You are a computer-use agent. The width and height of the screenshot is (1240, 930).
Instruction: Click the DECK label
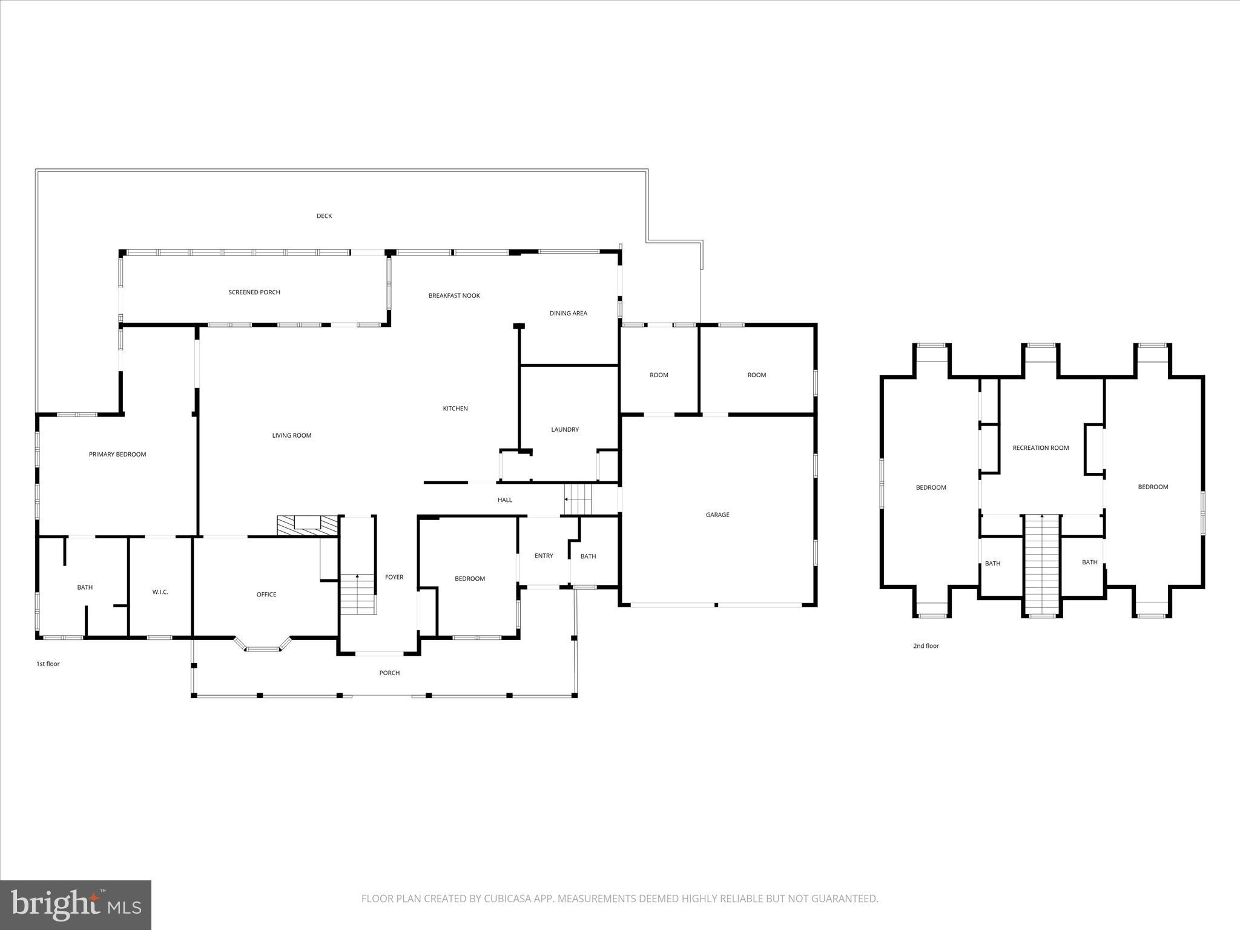(x=324, y=216)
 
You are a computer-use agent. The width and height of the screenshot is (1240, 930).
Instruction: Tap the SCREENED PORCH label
(x=254, y=292)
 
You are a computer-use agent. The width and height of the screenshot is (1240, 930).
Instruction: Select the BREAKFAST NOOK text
(x=454, y=296)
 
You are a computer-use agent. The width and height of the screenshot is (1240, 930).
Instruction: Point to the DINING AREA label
(x=568, y=314)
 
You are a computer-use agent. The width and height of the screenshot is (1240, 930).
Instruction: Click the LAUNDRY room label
(x=564, y=430)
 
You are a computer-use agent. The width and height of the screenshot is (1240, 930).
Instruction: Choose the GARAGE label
(x=717, y=515)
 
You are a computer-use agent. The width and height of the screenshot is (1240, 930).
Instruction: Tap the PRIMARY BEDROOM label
(x=117, y=455)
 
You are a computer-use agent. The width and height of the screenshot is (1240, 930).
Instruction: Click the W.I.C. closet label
(x=160, y=592)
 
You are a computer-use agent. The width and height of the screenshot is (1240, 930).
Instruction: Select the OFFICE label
(x=266, y=595)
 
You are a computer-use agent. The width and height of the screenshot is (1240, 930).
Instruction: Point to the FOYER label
(x=394, y=578)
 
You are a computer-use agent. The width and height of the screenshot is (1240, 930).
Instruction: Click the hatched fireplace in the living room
(x=307, y=525)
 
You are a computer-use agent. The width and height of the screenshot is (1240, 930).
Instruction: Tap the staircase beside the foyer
(x=358, y=594)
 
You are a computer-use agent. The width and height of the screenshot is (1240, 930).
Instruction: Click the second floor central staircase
(x=1041, y=564)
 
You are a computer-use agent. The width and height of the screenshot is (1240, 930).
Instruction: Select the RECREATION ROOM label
(x=1040, y=448)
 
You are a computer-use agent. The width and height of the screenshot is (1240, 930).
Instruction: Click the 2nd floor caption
(x=926, y=646)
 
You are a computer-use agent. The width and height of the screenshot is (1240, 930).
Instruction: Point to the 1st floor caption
(x=48, y=664)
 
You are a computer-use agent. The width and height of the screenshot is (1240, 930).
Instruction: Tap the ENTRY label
(x=544, y=556)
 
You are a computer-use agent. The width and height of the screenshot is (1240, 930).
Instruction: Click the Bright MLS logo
(x=76, y=903)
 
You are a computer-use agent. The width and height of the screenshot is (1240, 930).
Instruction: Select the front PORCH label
(x=389, y=673)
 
